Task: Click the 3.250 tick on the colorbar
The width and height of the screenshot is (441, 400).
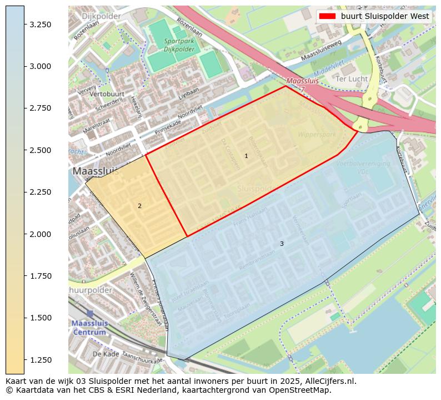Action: pos(40,24)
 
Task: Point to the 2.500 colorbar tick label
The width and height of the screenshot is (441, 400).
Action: pos(40,150)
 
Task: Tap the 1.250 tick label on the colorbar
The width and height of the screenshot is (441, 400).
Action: pos(40,360)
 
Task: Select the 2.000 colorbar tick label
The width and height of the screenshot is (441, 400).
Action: pos(40,234)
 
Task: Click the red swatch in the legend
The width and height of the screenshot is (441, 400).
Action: pos(327,16)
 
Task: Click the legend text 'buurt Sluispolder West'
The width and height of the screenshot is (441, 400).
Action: pos(385,16)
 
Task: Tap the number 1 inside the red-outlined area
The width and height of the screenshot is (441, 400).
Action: pos(246,156)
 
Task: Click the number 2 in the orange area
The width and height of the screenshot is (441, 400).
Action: pos(139,206)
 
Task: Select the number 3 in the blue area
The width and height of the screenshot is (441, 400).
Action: pos(282,244)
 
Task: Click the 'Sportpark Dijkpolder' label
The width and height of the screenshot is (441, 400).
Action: pos(179,45)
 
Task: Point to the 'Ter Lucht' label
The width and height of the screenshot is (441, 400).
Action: pos(352,79)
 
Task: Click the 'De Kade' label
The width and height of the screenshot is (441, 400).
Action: pos(106,353)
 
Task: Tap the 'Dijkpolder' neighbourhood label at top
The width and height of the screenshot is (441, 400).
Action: pos(101,16)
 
